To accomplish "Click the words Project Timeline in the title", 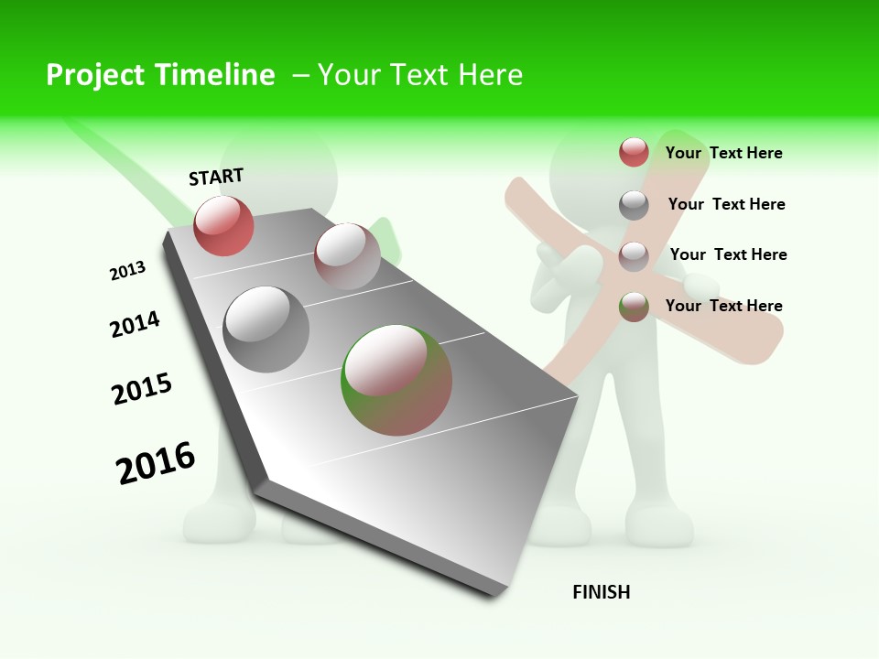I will [x=160, y=75].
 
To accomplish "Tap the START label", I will [x=216, y=178].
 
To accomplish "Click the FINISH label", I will [x=602, y=592].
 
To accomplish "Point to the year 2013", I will [x=127, y=271].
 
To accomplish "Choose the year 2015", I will [x=142, y=389].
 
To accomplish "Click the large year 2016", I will [x=156, y=463].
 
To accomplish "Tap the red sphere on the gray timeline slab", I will [x=223, y=225].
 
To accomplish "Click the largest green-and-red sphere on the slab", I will [x=396, y=379].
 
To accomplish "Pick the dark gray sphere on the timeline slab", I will [x=266, y=329].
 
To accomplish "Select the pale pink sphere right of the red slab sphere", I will [x=347, y=255].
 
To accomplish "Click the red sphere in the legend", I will [x=634, y=152].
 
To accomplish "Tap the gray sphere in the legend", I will [x=634, y=205].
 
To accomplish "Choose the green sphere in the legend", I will [x=634, y=307].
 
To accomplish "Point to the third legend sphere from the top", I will [x=634, y=256].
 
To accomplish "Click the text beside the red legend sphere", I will [x=723, y=153].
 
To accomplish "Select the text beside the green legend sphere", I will [x=723, y=306].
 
